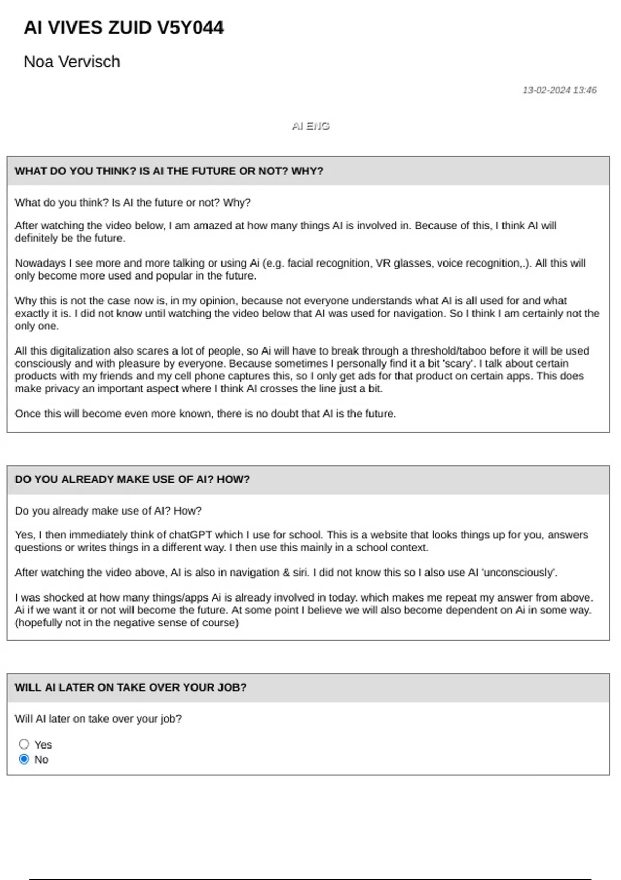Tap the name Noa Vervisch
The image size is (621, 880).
point(72,62)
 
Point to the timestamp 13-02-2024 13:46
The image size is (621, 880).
point(559,90)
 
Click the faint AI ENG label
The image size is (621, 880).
point(310,126)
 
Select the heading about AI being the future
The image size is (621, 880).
point(169,171)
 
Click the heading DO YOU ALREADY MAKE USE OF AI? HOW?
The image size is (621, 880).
point(132,479)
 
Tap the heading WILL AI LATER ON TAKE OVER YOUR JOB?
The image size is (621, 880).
point(130,687)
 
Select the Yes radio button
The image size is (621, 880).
point(24,744)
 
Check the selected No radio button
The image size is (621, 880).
point(24,759)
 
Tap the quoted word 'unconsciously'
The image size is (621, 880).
point(519,573)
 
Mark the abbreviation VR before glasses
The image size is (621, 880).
point(383,263)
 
